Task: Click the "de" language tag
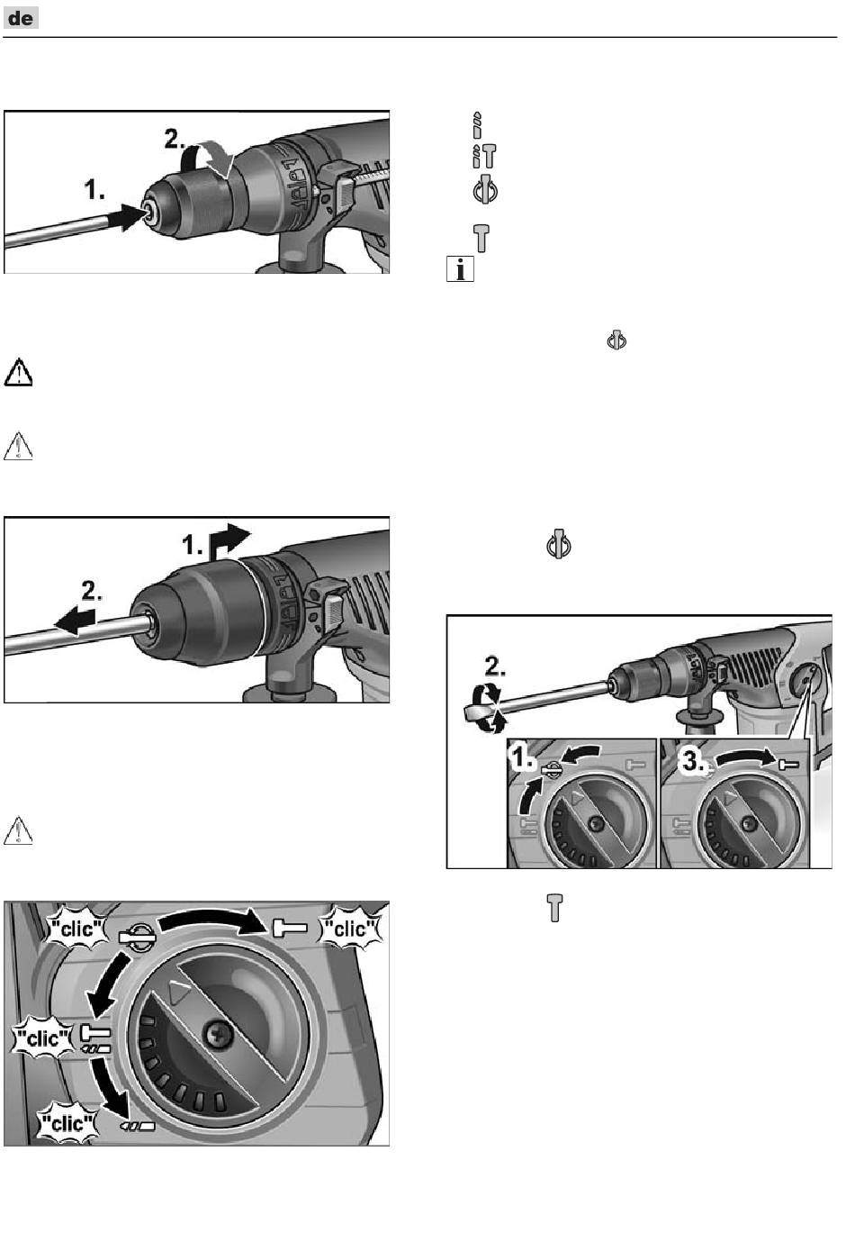pos(22,17)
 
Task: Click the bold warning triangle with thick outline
pos(18,372)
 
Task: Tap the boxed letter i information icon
pos(460,268)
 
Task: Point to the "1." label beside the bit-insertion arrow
pos(94,190)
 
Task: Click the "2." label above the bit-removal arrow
pos(93,591)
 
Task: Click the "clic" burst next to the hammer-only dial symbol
pos(350,927)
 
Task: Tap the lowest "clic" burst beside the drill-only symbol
pos(67,1122)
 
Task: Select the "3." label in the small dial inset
pos(692,760)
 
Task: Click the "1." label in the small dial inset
pos(523,758)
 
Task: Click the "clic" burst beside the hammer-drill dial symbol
pos(41,1038)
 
